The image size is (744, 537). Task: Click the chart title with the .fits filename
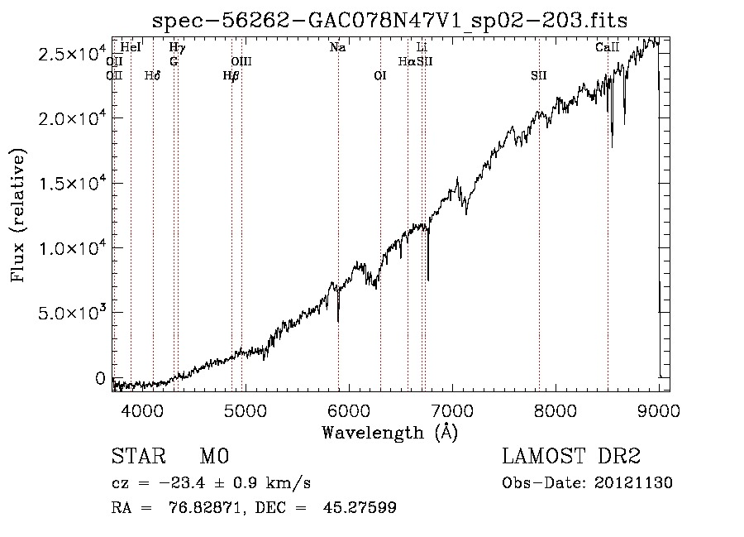[390, 21]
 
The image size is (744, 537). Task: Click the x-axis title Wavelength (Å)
[389, 432]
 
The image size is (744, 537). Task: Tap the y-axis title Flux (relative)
[18, 215]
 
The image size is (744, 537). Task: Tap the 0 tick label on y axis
[101, 378]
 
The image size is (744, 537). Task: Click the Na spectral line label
[337, 48]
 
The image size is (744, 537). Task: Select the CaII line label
[607, 48]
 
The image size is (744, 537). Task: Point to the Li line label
[422, 48]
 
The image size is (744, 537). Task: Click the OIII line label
[241, 61]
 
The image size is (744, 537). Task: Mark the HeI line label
[131, 48]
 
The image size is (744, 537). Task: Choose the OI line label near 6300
[380, 75]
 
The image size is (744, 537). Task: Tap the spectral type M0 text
[213, 457]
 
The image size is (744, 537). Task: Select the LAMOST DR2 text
[571, 457]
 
